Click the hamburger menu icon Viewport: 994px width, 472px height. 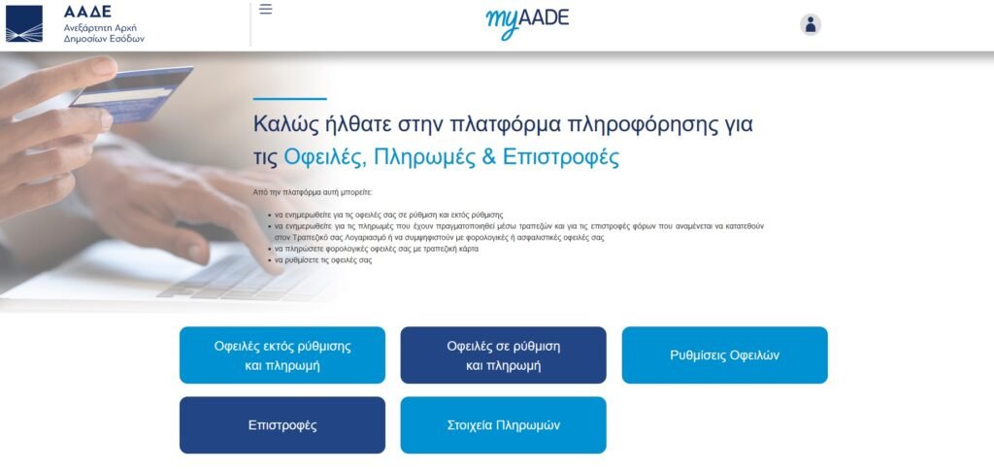click(266, 10)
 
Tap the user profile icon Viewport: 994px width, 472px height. click(811, 24)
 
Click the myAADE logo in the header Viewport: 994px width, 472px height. click(527, 22)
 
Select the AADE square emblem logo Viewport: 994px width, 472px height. click(24, 23)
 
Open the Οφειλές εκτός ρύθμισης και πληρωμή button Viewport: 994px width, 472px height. click(282, 355)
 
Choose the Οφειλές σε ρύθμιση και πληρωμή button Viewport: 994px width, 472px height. click(504, 355)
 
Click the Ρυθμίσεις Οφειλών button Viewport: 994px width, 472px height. click(724, 355)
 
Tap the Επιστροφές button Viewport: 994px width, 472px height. click(282, 425)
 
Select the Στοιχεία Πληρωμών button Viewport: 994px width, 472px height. click(504, 425)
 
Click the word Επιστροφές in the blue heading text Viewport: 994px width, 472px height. click(560, 156)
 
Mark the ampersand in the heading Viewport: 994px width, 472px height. click(488, 156)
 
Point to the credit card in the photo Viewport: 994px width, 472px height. click(132, 94)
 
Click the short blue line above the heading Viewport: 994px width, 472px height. click(289, 99)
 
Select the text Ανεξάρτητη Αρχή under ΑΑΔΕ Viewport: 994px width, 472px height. click(100, 28)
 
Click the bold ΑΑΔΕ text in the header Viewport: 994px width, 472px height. click(87, 12)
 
